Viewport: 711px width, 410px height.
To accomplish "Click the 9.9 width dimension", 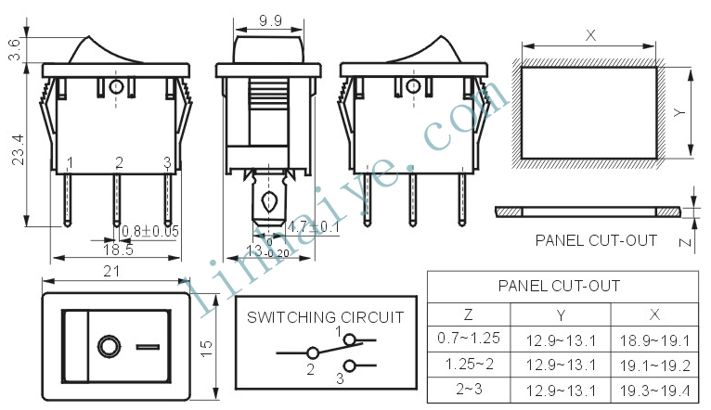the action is (x=270, y=20).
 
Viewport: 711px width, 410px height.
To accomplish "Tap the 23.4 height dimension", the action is (x=19, y=150).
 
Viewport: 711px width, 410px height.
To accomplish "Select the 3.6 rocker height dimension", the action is (x=15, y=49).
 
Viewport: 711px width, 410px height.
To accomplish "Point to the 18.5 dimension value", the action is (x=118, y=250).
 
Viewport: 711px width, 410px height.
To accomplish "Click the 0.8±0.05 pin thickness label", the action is (x=150, y=231).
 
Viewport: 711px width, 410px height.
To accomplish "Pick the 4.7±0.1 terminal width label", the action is (x=314, y=226).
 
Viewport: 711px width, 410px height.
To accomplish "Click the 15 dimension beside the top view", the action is (x=206, y=348).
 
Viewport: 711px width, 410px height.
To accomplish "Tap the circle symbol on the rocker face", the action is (x=110, y=347).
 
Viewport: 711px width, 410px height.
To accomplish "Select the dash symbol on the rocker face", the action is (x=148, y=347).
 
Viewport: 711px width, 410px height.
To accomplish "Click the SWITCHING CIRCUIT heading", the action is (x=325, y=317).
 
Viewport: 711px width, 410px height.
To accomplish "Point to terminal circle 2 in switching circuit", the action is (x=313, y=352).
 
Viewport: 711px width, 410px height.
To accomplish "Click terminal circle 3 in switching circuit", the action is (x=350, y=365).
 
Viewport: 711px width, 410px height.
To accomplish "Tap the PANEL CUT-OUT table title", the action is (x=559, y=286).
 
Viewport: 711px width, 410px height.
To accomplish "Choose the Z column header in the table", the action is (x=469, y=314).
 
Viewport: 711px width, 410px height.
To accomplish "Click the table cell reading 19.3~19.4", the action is (x=654, y=391).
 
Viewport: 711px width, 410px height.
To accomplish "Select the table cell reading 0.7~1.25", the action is (x=469, y=338).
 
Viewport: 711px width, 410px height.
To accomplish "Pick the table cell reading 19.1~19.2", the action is (x=654, y=365).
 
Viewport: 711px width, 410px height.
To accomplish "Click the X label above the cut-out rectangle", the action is (x=590, y=35).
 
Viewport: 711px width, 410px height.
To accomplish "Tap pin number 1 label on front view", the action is (x=70, y=162).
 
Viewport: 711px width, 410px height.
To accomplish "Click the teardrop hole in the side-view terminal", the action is (x=269, y=201).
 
